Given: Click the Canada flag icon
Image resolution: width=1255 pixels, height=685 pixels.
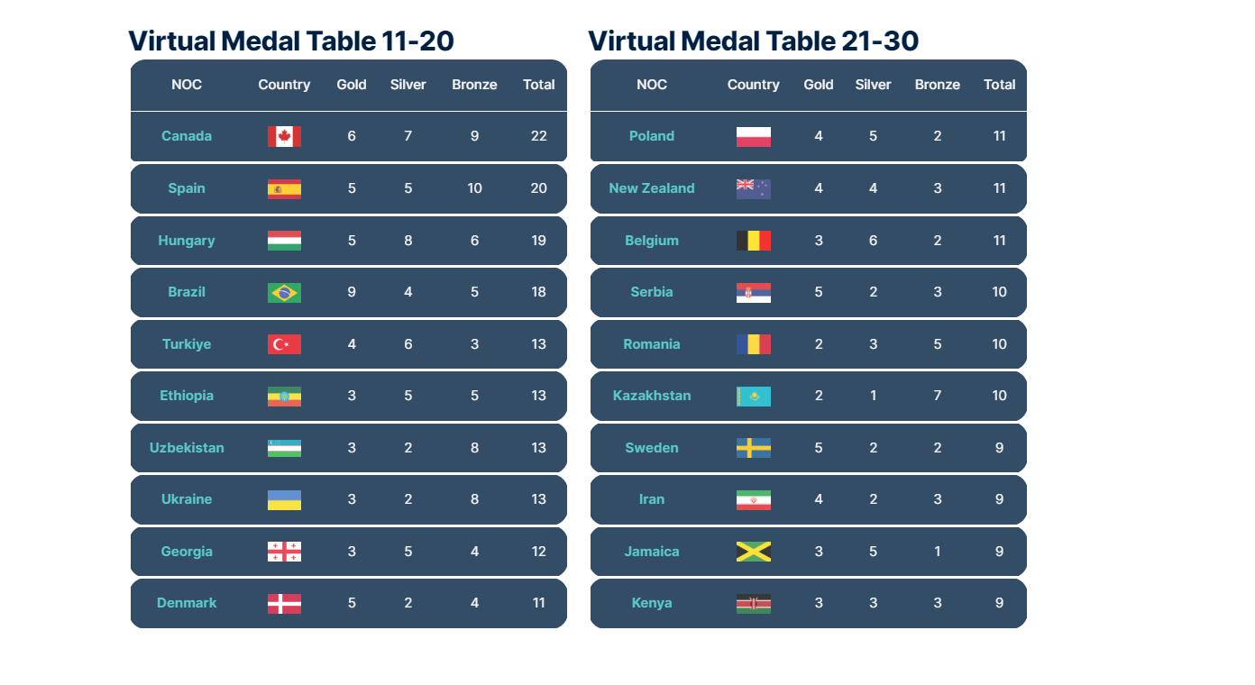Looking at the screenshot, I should pyautogui.click(x=284, y=136).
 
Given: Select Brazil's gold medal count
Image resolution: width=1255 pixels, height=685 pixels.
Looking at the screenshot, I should pyautogui.click(x=352, y=292).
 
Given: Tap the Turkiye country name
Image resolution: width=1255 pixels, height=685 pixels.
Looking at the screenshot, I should pyautogui.click(x=187, y=344).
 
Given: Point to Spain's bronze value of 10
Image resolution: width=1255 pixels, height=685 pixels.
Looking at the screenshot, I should pyautogui.click(x=474, y=188).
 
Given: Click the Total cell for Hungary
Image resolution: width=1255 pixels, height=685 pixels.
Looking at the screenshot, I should pyautogui.click(x=538, y=241).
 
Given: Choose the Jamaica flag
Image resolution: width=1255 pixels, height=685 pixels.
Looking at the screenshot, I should pyautogui.click(x=753, y=552).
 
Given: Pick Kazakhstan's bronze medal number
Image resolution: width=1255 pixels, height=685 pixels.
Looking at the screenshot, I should pyautogui.click(x=938, y=396).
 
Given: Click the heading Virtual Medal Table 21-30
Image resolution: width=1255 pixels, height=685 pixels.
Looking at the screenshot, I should pyautogui.click(x=753, y=41).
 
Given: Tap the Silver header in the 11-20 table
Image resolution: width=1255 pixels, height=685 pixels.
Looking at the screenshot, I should pyautogui.click(x=408, y=85).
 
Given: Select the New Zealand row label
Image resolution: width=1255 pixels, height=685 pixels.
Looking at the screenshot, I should pyautogui.click(x=652, y=188).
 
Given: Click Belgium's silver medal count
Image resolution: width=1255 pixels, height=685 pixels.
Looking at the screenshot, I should pyautogui.click(x=873, y=241).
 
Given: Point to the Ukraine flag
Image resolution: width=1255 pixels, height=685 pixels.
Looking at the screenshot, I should pyautogui.click(x=284, y=499).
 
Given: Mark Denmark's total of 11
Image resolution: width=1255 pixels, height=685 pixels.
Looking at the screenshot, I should pyautogui.click(x=538, y=603).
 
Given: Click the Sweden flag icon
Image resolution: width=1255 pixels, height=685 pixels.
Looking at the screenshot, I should pyautogui.click(x=753, y=448).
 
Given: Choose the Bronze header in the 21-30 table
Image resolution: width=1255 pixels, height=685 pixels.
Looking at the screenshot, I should pyautogui.click(x=938, y=85).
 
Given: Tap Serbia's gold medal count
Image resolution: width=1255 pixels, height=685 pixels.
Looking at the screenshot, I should pyautogui.click(x=819, y=292).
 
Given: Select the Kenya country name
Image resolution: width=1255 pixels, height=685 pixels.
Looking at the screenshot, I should pyautogui.click(x=652, y=603).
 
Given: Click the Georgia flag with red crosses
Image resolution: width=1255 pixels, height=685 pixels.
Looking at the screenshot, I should pyautogui.click(x=284, y=552).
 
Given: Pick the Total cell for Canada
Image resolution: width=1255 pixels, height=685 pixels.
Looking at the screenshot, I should pyautogui.click(x=538, y=136).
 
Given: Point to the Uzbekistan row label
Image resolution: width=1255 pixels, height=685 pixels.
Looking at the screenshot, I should pyautogui.click(x=187, y=448).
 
